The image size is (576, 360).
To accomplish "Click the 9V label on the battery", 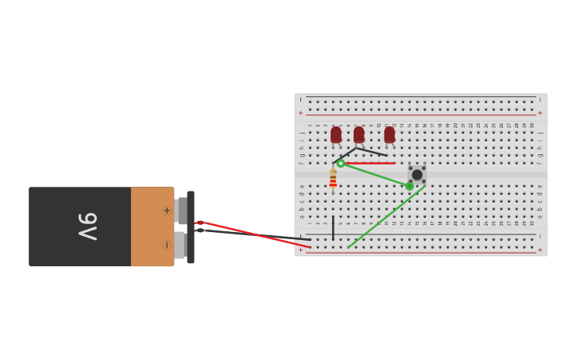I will [x=87, y=226].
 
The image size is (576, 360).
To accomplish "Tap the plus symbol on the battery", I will [x=166, y=211].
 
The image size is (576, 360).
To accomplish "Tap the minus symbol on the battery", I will [x=166, y=244].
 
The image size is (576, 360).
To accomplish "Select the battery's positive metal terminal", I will [x=182, y=211].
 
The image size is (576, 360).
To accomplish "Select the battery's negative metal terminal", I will [x=180, y=245].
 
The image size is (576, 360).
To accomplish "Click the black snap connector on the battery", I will [x=191, y=227].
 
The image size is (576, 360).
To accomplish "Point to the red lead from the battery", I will [x=254, y=234].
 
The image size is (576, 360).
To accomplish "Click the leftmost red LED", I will [x=336, y=134].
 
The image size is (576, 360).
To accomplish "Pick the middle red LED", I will [x=359, y=134].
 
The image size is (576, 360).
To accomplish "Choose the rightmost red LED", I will [x=389, y=134].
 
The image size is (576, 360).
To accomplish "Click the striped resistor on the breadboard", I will [x=333, y=180].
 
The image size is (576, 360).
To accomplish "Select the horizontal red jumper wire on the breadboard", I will [x=370, y=163].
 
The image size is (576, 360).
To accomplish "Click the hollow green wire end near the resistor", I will [x=340, y=164].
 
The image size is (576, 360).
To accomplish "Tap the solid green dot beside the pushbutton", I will [x=409, y=186].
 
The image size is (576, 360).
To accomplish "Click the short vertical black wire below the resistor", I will [x=333, y=227].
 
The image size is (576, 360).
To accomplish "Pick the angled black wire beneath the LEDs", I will [x=369, y=151].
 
